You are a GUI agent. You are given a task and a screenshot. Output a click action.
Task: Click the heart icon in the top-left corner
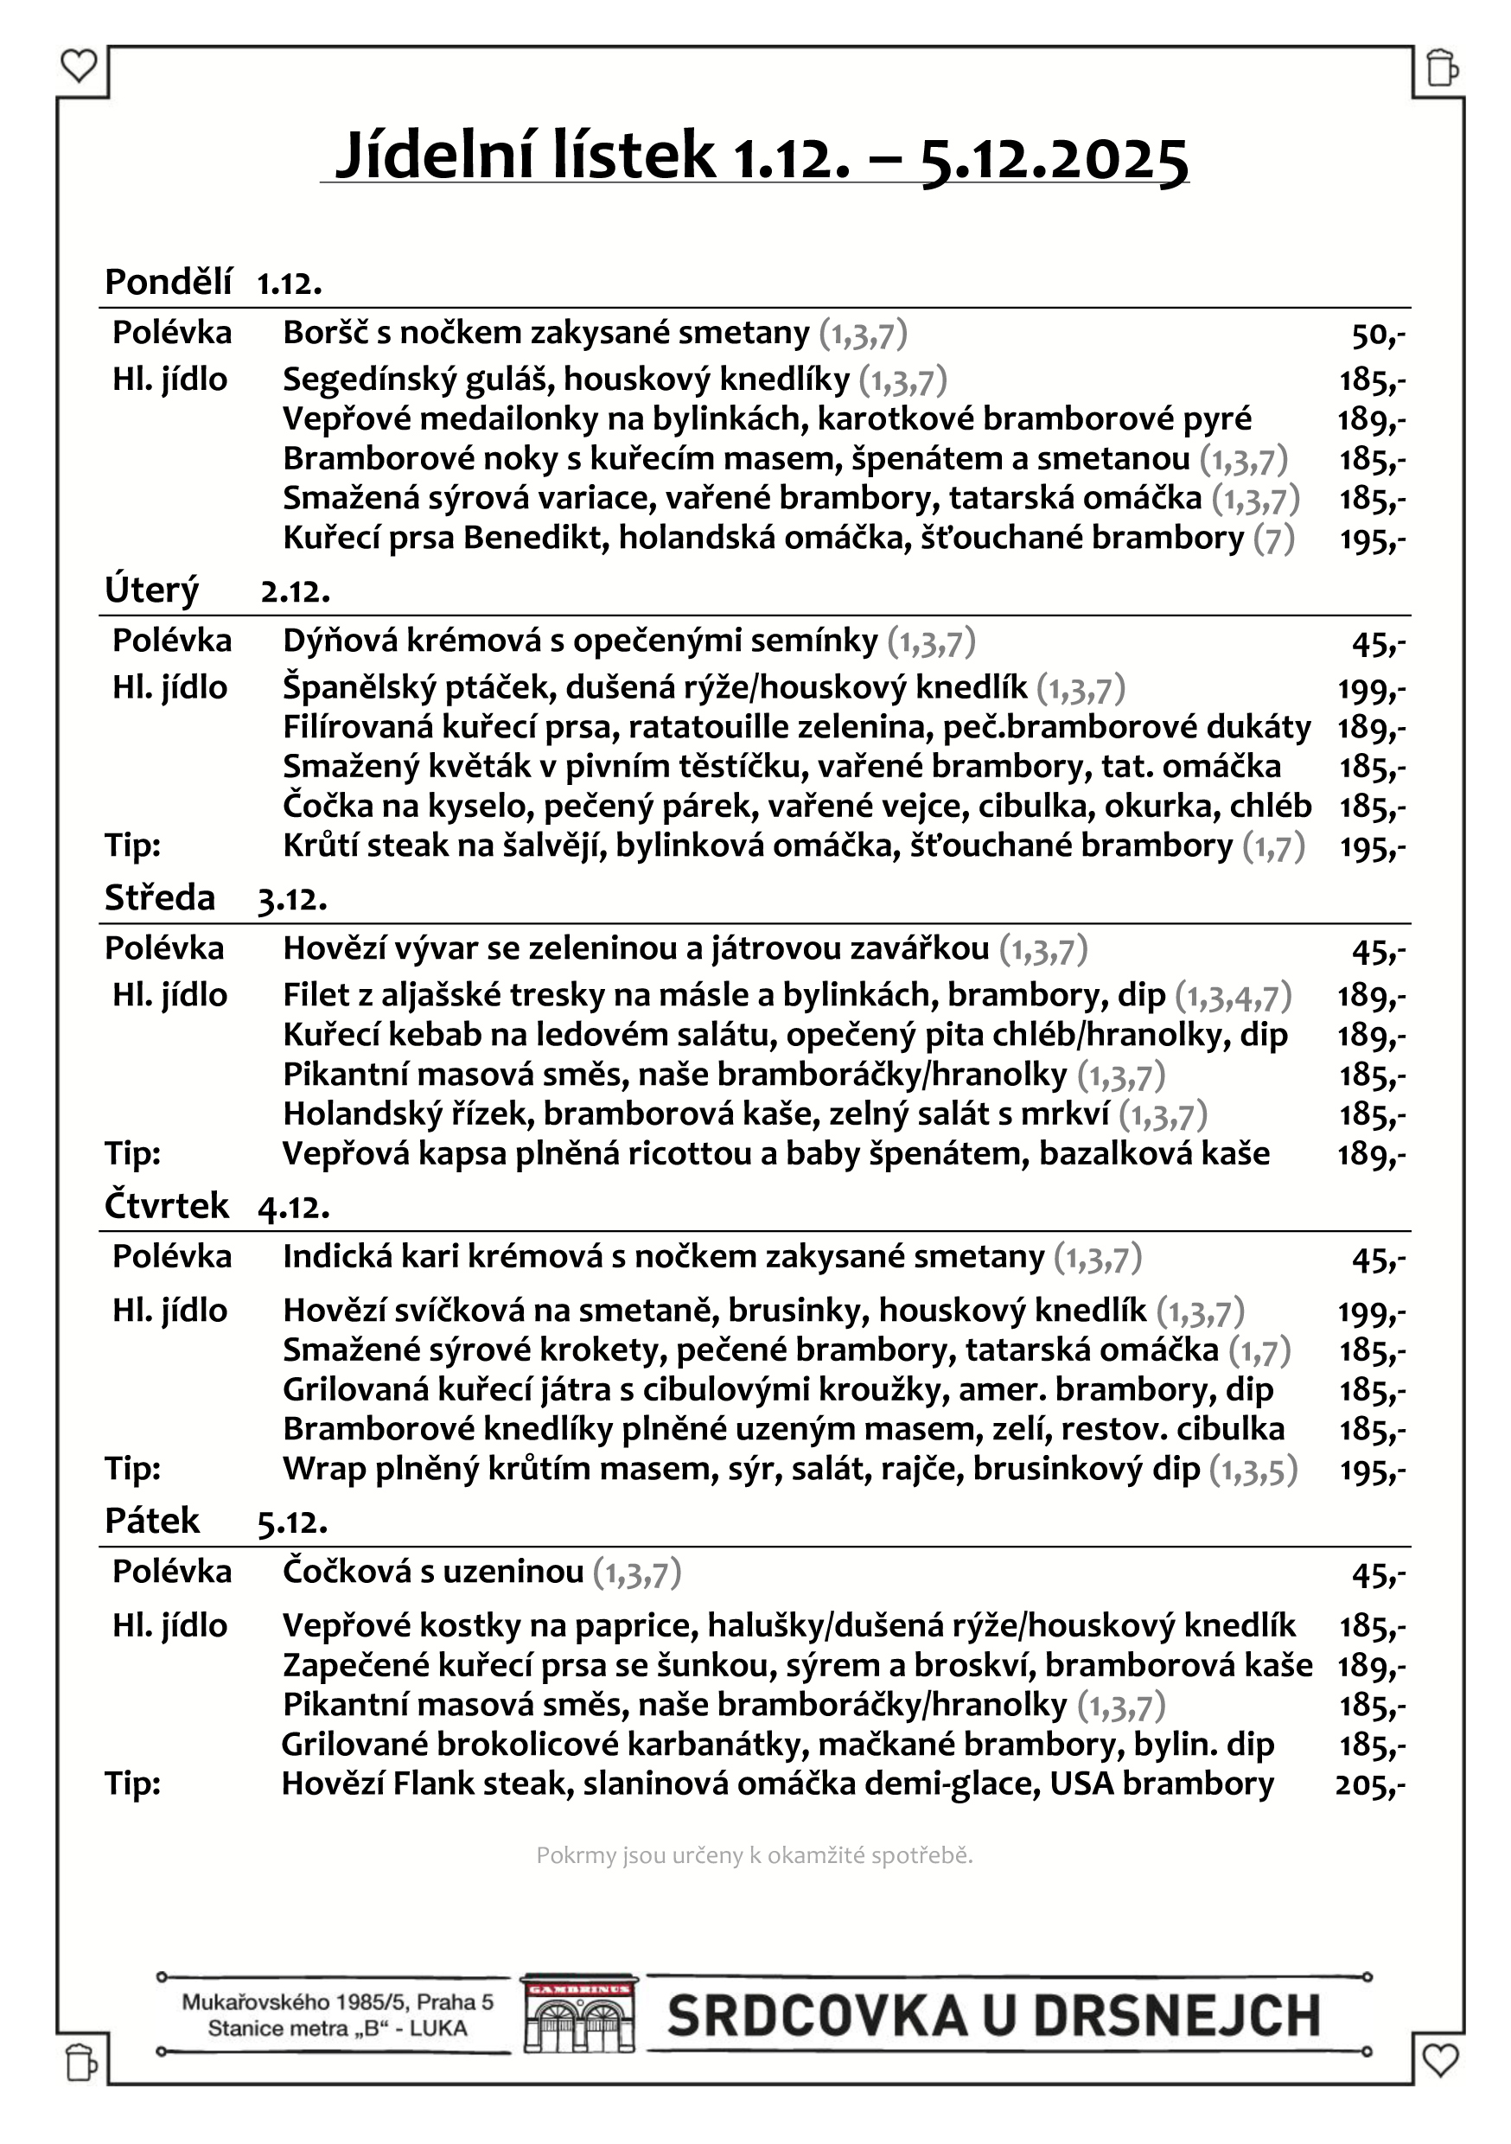[79, 67]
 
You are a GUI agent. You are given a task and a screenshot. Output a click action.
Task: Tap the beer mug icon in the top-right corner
[1442, 67]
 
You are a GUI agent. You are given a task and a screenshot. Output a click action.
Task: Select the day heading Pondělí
[168, 281]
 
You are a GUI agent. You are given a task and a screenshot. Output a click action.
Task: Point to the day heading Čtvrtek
[166, 1205]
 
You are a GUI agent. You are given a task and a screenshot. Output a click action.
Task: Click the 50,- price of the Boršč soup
[1378, 335]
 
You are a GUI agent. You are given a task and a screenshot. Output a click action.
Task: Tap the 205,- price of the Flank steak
[1369, 1785]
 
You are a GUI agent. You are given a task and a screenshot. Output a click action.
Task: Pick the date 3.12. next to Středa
[292, 899]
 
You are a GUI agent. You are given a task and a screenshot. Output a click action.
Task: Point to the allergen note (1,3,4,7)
[1233, 997]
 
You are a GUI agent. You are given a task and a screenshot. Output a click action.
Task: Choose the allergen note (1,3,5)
[1253, 1471]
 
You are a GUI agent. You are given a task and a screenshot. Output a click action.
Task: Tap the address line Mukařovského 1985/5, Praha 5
[337, 2002]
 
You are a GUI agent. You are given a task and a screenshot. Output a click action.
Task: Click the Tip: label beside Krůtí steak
[132, 846]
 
